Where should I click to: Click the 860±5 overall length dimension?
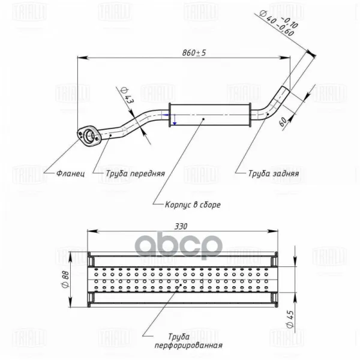[194, 53]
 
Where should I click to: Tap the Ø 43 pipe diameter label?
[126, 95]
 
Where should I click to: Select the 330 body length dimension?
[181, 226]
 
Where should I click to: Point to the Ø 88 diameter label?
[65, 279]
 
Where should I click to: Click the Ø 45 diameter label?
[290, 319]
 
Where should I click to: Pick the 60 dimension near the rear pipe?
[283, 121]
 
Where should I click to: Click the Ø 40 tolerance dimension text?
[278, 23]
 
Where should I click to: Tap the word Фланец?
[70, 173]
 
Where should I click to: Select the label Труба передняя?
[135, 173]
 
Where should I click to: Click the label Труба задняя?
[274, 173]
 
